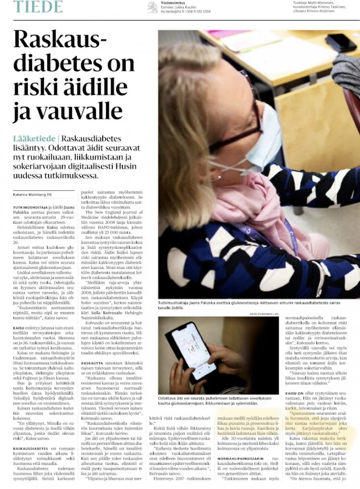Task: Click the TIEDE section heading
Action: [38, 7]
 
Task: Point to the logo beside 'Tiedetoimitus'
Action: [153, 7]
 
